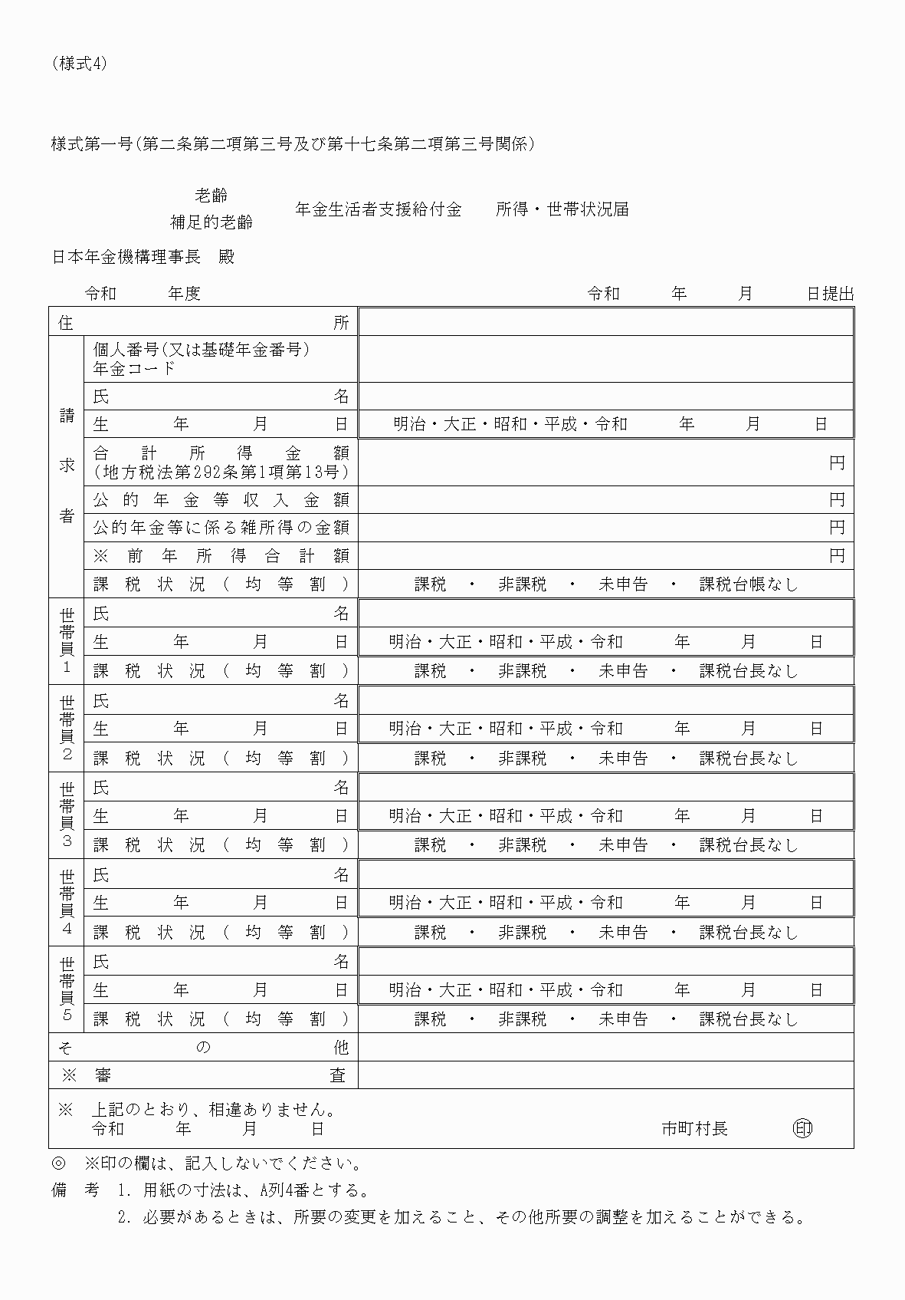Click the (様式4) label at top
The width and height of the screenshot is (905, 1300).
pos(80,64)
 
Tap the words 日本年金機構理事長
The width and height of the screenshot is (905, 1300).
pos(126,258)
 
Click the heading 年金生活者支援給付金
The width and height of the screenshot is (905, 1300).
pos(379,209)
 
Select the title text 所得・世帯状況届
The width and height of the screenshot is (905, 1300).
pos(562,209)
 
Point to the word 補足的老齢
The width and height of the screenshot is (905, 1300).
pos(211,223)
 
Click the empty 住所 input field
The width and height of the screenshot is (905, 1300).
pos(605,322)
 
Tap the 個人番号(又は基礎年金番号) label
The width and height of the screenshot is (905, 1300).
pos(201,350)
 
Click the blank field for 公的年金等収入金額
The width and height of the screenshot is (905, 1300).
pos(590,500)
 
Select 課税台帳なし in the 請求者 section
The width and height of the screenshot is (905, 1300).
pos(748,584)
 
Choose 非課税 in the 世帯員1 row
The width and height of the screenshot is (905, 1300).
pos(522,671)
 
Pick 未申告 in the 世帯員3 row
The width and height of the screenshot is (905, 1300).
pos(623,845)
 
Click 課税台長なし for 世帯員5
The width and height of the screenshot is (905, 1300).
pos(748,1019)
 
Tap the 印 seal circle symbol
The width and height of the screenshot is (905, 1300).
pos(802,1128)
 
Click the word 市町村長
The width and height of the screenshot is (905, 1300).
pos(694,1128)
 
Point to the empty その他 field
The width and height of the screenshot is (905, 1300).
pos(605,1047)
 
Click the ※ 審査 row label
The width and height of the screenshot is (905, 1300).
pos(203,1075)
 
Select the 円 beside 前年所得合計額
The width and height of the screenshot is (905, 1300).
pos(837,555)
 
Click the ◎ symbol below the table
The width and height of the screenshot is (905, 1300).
pos(59,1163)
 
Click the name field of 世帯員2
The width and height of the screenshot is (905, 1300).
pos(605,700)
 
